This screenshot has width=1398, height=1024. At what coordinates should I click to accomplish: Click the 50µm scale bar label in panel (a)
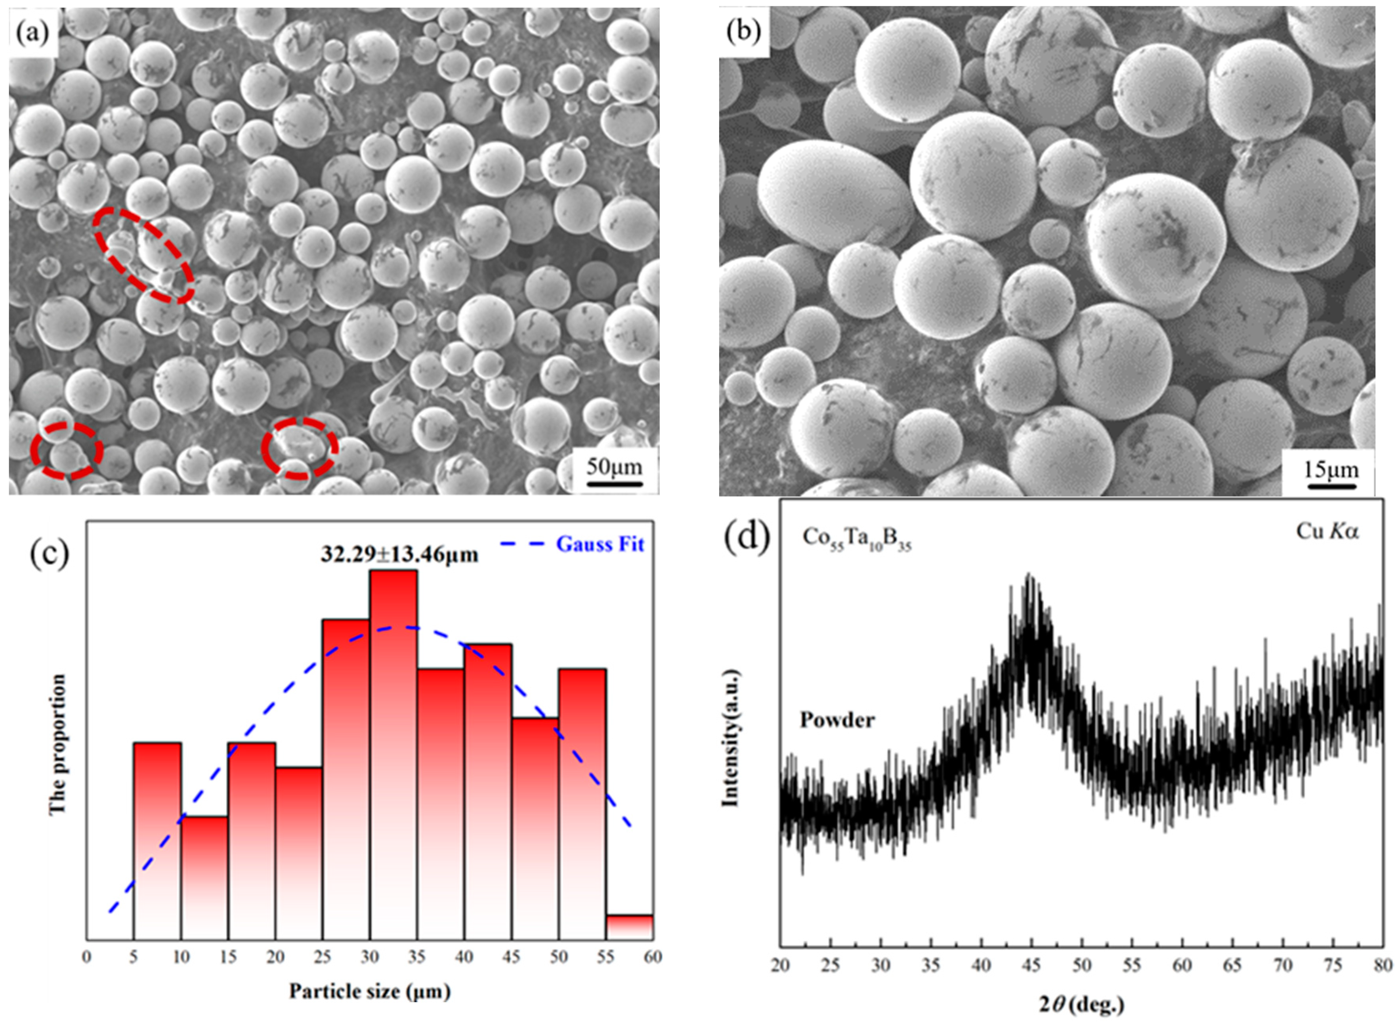point(614,466)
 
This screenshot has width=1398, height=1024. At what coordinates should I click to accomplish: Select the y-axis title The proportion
point(57,744)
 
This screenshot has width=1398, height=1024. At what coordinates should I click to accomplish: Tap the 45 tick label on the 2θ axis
point(1031,966)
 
